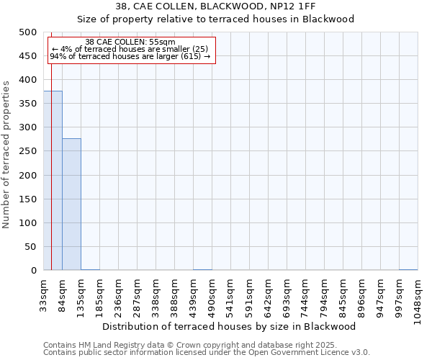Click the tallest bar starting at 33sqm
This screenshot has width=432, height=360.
(x=53, y=181)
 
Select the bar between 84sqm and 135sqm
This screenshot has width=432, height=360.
(x=71, y=204)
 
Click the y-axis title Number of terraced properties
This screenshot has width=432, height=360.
(x=6, y=154)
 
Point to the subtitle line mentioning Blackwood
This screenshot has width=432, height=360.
(x=216, y=19)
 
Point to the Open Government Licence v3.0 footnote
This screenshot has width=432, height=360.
(x=207, y=353)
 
